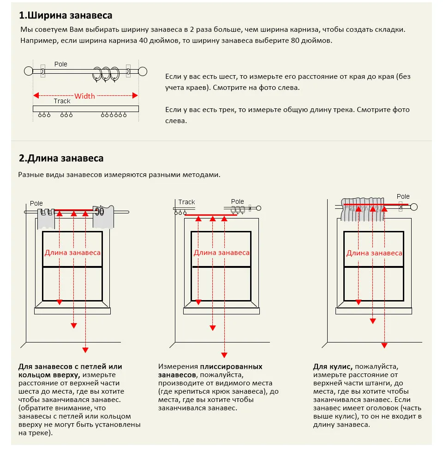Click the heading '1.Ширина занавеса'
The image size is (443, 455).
66,16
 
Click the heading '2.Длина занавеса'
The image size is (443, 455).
61,159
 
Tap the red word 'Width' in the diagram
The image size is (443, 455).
84,96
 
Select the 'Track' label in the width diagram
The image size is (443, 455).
62,101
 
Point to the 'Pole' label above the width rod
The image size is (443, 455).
60,64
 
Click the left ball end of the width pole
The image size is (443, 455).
29,71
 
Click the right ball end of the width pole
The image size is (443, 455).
143,71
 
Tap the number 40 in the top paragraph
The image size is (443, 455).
143,40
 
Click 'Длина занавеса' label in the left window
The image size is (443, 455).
72,253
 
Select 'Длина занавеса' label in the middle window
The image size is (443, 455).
221,253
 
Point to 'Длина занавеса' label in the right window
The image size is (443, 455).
374,253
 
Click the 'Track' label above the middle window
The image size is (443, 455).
186,202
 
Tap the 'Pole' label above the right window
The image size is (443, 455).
403,197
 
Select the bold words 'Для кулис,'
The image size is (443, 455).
333,367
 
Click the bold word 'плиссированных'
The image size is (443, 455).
231,367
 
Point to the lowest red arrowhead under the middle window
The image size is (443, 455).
224,355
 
